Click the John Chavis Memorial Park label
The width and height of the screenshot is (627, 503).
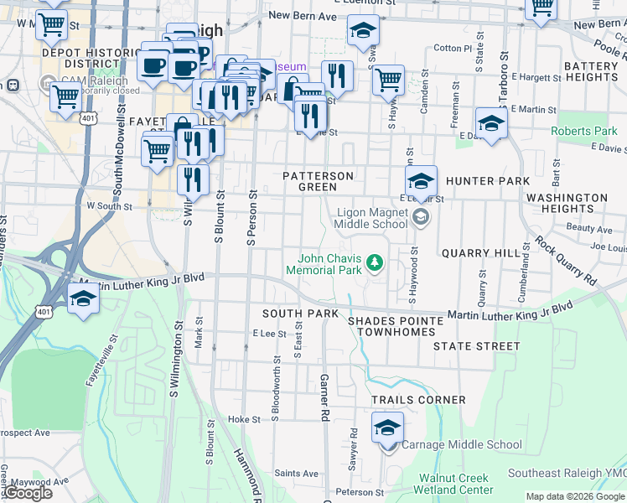click(324, 264)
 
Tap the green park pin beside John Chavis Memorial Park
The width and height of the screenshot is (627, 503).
click(375, 264)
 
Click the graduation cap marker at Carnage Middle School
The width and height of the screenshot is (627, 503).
click(387, 428)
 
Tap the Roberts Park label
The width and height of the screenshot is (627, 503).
click(583, 132)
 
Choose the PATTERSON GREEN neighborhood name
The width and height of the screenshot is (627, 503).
click(317, 181)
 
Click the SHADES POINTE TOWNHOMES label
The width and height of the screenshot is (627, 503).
click(396, 326)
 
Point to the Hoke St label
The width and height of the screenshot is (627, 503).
click(245, 419)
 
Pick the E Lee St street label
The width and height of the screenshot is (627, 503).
click(270, 334)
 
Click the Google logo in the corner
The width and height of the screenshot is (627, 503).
click(28, 493)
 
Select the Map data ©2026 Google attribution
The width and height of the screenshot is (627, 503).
click(575, 496)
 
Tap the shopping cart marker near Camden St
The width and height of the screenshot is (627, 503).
click(388, 81)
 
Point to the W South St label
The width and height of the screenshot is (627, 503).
click(110, 205)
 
